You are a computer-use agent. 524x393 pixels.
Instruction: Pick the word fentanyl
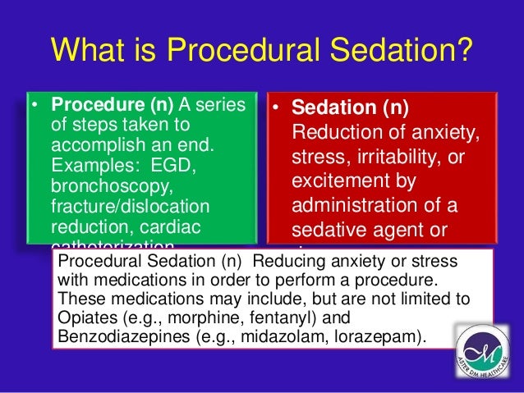264,317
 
